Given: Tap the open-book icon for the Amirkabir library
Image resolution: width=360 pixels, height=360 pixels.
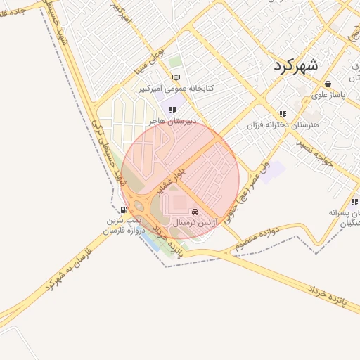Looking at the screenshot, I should (176, 77).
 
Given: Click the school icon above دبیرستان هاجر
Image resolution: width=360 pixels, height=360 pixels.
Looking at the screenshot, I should (172, 109).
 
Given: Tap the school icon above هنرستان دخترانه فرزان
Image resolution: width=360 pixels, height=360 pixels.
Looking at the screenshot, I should (282, 113).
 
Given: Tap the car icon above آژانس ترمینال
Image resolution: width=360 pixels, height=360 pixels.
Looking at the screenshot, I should (195, 211).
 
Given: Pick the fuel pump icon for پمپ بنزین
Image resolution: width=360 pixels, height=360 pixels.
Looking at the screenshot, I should (124, 210).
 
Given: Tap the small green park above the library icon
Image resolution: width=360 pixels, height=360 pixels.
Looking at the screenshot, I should (174, 63).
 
